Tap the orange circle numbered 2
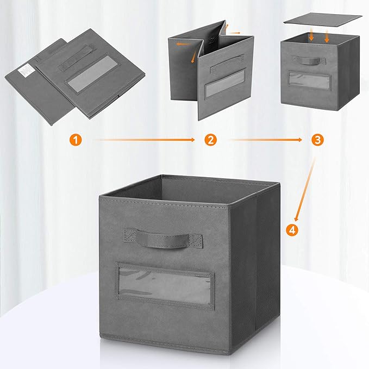(x=210, y=140)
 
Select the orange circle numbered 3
(x=318, y=140)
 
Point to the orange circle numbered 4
(x=293, y=230)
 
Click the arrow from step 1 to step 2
(x=143, y=140)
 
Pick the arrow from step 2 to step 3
(x=265, y=140)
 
